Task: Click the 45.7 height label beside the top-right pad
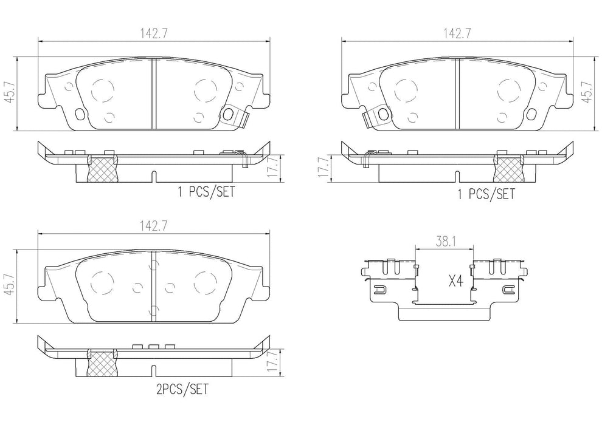tap(587, 93)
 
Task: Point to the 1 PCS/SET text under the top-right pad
tap(486, 193)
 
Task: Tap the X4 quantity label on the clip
tap(456, 281)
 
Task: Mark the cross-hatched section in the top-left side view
tap(102, 169)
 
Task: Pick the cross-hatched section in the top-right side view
tap(508, 169)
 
